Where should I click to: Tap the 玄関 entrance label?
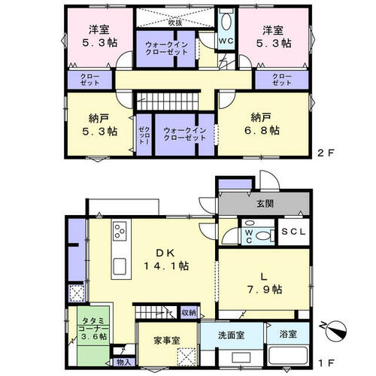265,204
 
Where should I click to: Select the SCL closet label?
293,232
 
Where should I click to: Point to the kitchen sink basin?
120,266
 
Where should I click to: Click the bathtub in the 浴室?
288,356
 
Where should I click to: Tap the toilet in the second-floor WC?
226,22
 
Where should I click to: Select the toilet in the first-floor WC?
262,235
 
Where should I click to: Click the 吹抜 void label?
175,23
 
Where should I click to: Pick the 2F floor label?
326,153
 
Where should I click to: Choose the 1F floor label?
326,362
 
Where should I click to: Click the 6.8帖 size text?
262,130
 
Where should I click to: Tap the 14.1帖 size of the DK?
166,265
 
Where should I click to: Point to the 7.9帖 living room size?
265,290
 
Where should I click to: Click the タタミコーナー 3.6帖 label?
93,329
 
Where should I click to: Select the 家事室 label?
167,340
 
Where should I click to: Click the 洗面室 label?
231,335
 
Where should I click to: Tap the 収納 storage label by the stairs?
189,313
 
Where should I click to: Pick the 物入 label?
124,362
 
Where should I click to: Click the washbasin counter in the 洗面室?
241,357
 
